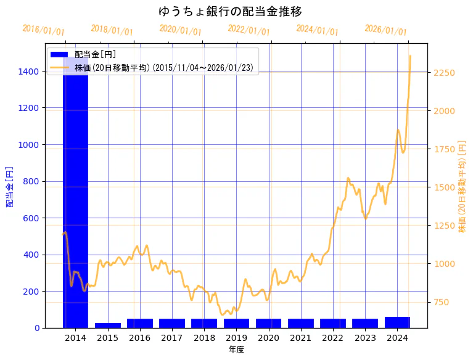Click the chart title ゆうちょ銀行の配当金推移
230,12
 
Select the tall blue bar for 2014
75,197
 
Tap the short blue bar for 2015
108,325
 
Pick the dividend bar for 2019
236,323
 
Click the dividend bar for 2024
397,322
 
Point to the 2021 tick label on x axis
301,338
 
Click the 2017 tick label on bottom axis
172,338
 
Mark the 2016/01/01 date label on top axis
43,30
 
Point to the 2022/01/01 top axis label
249,30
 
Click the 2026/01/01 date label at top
385,30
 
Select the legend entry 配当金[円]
95,54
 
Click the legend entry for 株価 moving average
163,67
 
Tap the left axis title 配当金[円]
9,186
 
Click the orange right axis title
462,186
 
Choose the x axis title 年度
236,350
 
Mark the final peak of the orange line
410,56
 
